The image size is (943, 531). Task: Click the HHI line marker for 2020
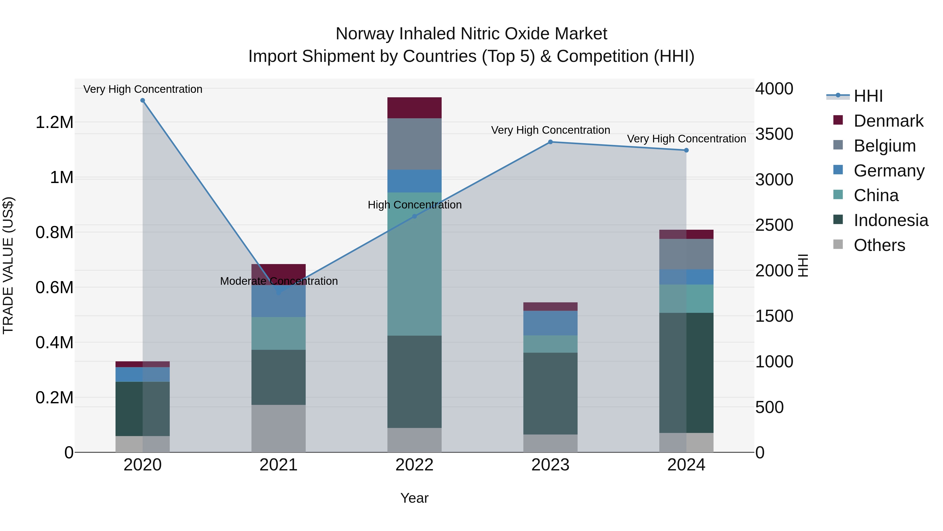143,100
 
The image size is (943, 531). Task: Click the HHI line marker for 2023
550,142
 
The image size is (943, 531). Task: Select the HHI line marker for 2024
686,150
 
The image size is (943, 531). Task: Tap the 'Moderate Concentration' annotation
279,281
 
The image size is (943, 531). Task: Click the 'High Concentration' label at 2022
414,205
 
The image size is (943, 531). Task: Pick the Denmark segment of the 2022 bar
414,108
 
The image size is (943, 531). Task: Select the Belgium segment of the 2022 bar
414,144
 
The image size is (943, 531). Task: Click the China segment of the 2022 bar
414,264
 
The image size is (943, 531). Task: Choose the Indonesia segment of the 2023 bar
550,393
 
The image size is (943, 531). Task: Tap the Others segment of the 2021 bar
279,428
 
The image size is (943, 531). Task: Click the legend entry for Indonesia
890,220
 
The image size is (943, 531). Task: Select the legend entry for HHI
868,96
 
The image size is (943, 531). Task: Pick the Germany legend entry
889,171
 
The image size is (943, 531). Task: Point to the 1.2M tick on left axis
54,122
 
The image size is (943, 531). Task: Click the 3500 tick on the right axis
774,134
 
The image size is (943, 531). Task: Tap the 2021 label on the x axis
279,465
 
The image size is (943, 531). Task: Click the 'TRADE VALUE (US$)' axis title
8,265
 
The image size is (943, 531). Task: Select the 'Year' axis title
414,498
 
